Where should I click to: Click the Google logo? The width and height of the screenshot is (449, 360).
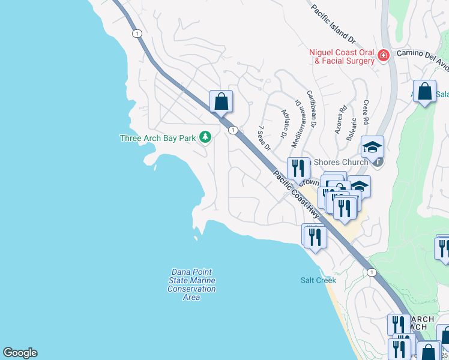pos(20,353)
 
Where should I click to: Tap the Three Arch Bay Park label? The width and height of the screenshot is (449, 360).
pos(158,138)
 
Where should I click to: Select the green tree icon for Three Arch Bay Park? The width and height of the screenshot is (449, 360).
pos(205,137)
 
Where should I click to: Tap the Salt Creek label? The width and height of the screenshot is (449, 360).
pos(318,280)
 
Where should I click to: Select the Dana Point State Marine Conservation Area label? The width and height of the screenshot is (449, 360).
pos(191,284)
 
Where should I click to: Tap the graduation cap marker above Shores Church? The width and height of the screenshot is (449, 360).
pos(372,146)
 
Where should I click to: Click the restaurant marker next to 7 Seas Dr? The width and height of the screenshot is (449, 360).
pos(298,167)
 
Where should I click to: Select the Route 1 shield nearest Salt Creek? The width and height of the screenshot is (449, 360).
pos(372,272)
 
